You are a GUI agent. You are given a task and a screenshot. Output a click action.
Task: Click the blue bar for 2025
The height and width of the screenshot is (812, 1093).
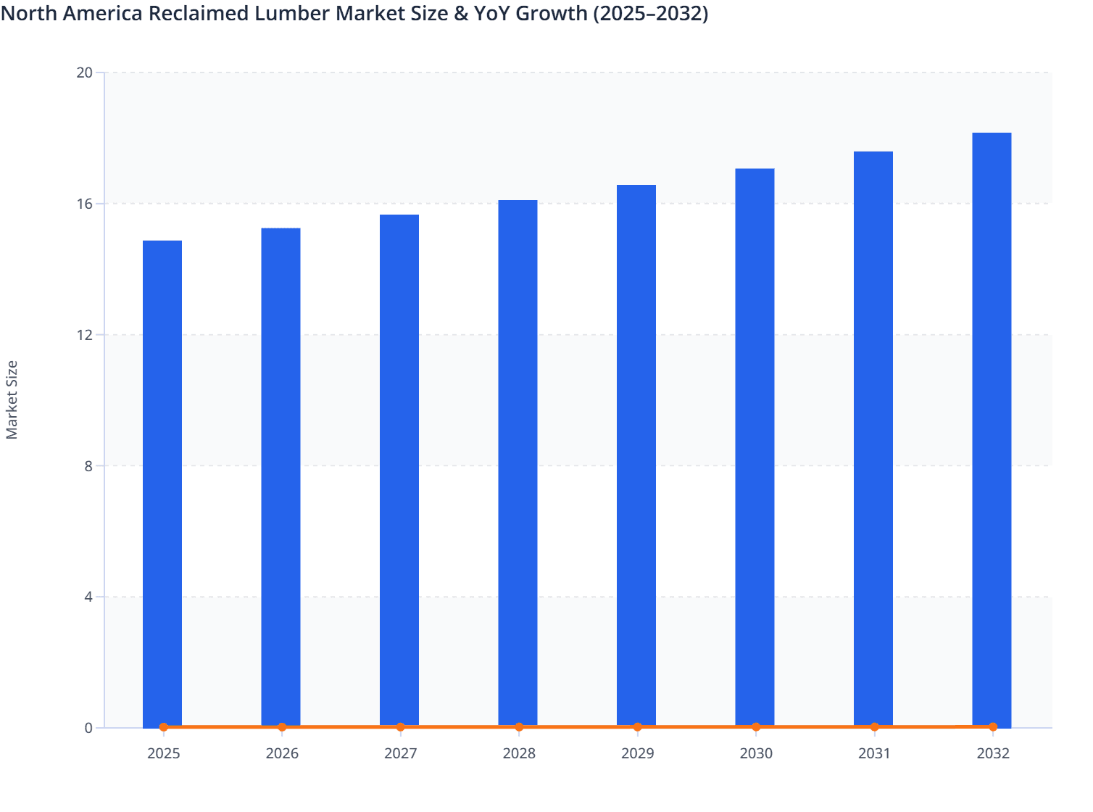point(162,484)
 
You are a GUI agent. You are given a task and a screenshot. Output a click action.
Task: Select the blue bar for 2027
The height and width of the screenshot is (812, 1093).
point(399,471)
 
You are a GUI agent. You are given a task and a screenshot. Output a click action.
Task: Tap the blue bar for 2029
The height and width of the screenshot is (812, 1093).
point(636,456)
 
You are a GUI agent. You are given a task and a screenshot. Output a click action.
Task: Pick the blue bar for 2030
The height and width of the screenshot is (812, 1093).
point(755,447)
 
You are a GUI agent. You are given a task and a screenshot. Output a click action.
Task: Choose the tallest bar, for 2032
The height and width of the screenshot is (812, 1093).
point(992,430)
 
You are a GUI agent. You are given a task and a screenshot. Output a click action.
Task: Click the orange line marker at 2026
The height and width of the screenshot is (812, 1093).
point(282,727)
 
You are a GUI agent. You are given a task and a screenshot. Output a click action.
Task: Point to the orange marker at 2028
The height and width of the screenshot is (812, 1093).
point(519,727)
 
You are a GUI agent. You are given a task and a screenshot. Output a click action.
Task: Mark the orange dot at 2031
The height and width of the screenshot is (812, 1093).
point(874,727)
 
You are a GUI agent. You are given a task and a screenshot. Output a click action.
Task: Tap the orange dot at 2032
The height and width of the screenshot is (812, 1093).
point(992,726)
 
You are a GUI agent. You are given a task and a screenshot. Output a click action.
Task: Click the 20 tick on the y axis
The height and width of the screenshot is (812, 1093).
point(85,72)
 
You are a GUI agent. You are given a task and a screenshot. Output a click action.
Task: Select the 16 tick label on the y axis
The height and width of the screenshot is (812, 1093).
point(85,204)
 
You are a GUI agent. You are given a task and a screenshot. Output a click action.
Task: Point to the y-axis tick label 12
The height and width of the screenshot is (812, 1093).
point(85,335)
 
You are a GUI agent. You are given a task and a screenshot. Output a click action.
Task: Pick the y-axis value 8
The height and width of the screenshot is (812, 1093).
point(88,466)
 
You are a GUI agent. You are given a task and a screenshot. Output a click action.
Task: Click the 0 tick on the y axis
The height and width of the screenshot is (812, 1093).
point(88,728)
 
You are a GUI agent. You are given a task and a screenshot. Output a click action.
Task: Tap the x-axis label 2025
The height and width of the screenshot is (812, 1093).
point(163,753)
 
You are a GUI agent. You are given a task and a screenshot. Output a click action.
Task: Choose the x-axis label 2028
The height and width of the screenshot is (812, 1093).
point(519,753)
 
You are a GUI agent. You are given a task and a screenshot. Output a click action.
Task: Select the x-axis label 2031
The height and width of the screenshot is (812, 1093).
point(874,753)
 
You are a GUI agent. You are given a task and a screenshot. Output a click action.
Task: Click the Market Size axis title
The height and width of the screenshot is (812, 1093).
point(12,399)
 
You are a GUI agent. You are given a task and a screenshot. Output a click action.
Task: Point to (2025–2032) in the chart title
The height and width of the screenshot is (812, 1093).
point(650,13)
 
